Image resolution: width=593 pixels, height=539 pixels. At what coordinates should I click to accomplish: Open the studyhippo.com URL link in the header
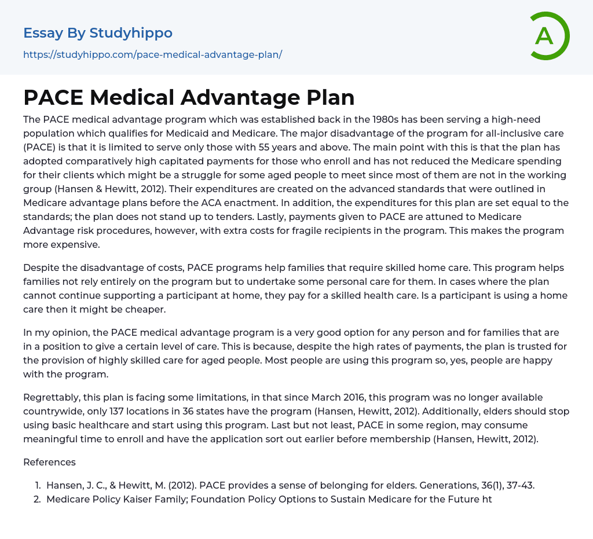coord(152,54)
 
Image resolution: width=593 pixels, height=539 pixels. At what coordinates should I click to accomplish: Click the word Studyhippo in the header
coord(131,33)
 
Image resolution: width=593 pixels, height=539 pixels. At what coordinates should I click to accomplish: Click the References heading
coord(49,462)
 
